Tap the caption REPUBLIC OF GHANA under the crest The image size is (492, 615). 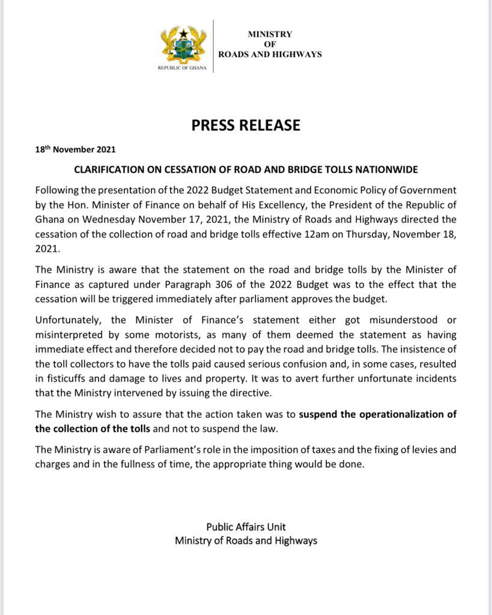pos(182,68)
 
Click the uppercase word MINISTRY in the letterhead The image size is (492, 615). pos(270,35)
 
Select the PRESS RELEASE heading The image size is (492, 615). pos(246,126)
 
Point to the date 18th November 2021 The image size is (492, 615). pos(76,150)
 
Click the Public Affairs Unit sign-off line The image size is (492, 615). pos(246,527)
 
